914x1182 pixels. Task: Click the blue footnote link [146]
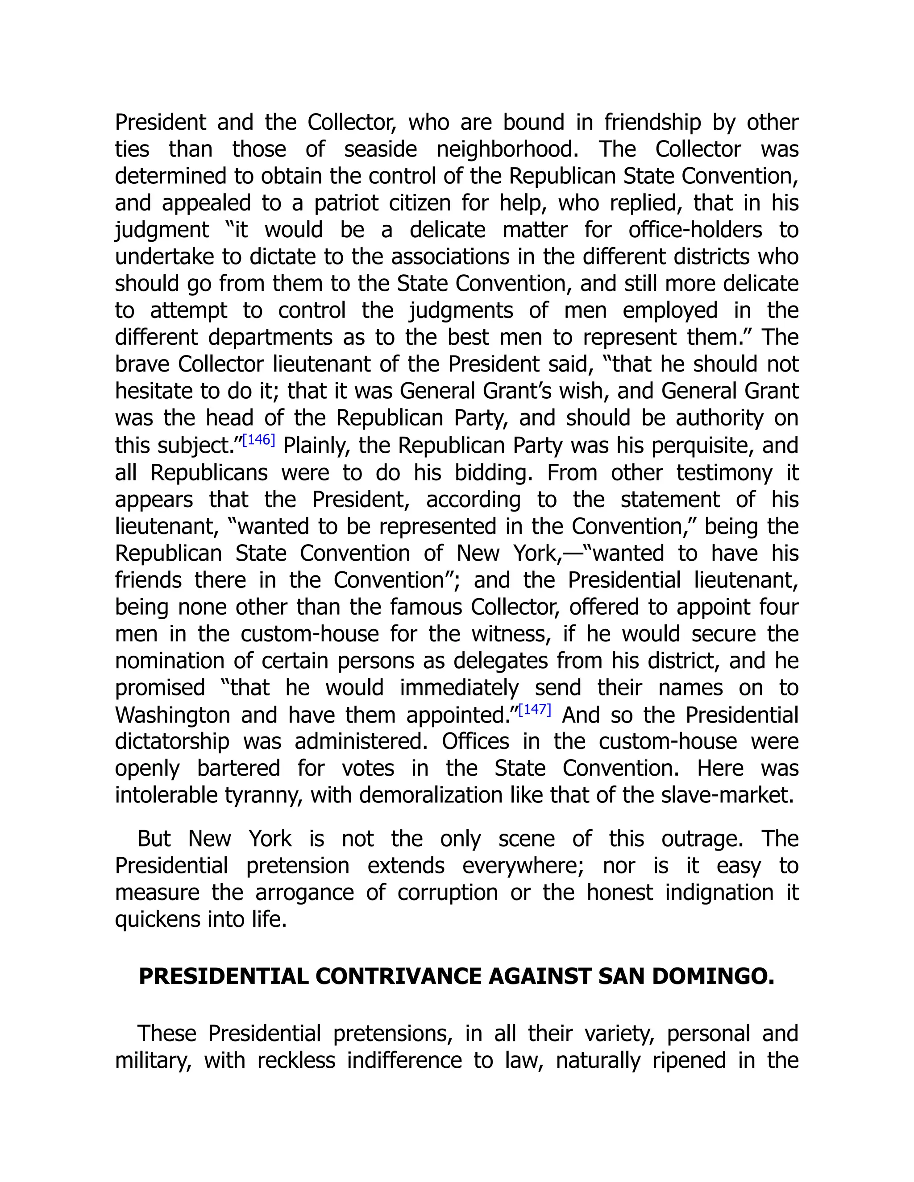coord(259,440)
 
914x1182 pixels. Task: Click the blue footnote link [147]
coord(534,710)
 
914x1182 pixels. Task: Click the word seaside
coord(380,149)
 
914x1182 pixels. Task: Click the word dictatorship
coord(172,741)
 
